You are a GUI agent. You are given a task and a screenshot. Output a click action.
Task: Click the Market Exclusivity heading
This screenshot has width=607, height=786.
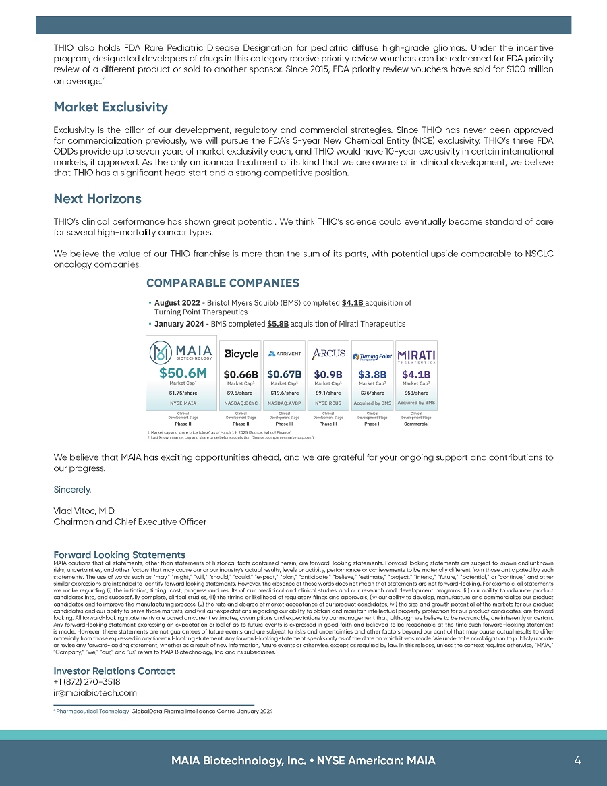click(111, 107)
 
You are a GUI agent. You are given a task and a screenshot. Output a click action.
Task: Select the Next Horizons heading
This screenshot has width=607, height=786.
click(97, 199)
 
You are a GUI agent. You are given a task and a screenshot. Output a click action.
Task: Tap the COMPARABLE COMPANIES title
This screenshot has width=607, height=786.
click(223, 283)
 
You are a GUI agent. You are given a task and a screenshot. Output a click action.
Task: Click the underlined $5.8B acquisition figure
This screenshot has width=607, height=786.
click(278, 324)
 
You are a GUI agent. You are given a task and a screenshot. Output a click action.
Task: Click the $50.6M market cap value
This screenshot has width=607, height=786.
click(182, 372)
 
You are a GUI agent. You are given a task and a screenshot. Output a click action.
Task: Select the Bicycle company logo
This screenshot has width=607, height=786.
click(241, 354)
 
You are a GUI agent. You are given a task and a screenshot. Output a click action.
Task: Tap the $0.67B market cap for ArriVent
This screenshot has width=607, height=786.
click(284, 374)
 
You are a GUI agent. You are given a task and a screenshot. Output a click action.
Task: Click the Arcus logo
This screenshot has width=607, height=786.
click(328, 353)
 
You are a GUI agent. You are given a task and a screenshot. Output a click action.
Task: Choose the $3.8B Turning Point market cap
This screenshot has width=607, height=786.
click(372, 374)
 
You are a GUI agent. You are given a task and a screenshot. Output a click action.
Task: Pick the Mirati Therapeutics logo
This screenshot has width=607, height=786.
click(416, 355)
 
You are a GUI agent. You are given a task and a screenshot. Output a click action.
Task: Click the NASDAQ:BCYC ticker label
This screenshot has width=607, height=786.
click(241, 403)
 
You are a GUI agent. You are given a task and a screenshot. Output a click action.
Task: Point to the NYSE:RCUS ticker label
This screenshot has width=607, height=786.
click(328, 403)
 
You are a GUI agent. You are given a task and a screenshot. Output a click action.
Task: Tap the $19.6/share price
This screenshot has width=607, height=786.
click(284, 392)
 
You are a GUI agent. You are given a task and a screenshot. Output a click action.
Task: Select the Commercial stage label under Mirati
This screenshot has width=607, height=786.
click(416, 424)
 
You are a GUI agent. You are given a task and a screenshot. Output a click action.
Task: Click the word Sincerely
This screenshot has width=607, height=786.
click(72, 488)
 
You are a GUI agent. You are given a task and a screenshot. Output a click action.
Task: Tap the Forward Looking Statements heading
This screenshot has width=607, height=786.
click(119, 555)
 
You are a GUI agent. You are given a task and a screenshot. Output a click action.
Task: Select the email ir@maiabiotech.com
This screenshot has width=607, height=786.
click(94, 692)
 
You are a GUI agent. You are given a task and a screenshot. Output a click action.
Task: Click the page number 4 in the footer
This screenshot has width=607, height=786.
click(577, 760)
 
